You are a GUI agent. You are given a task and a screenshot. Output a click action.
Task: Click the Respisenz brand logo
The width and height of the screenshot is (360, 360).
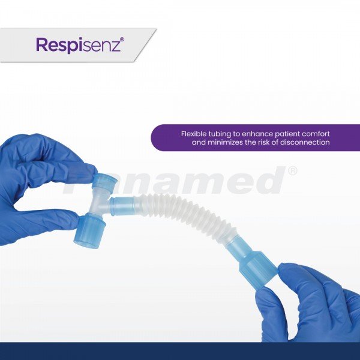coord(80,45)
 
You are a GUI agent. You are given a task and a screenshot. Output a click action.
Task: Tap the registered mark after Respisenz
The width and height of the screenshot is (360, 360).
coord(122,39)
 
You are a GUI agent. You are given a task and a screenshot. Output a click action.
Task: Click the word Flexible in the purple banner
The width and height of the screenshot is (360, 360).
coord(194,134)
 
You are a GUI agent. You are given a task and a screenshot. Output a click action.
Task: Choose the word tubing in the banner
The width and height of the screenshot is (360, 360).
coord(220,134)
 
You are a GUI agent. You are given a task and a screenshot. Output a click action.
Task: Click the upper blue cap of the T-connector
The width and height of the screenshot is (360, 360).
coord(104,181)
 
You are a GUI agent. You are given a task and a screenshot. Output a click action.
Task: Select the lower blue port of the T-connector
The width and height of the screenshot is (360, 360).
coord(90,230)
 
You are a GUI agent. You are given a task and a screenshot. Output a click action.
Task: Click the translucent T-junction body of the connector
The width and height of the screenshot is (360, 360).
coord(100,202)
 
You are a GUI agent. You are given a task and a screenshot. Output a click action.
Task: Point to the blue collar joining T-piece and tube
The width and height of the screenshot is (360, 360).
coord(125,205)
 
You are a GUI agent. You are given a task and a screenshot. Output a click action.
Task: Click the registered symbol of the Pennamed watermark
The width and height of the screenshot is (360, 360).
coord(292,171)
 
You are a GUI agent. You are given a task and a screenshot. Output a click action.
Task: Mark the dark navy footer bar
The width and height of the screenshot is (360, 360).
coord(180,351)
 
